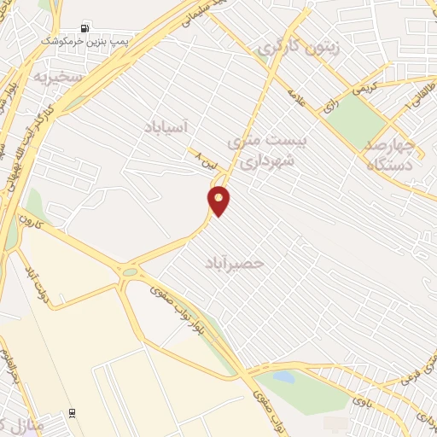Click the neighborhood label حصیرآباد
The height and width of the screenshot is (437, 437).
[x=235, y=263]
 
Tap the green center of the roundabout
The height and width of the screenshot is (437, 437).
[x=130, y=272]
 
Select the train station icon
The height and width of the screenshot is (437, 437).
[x=71, y=411]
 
